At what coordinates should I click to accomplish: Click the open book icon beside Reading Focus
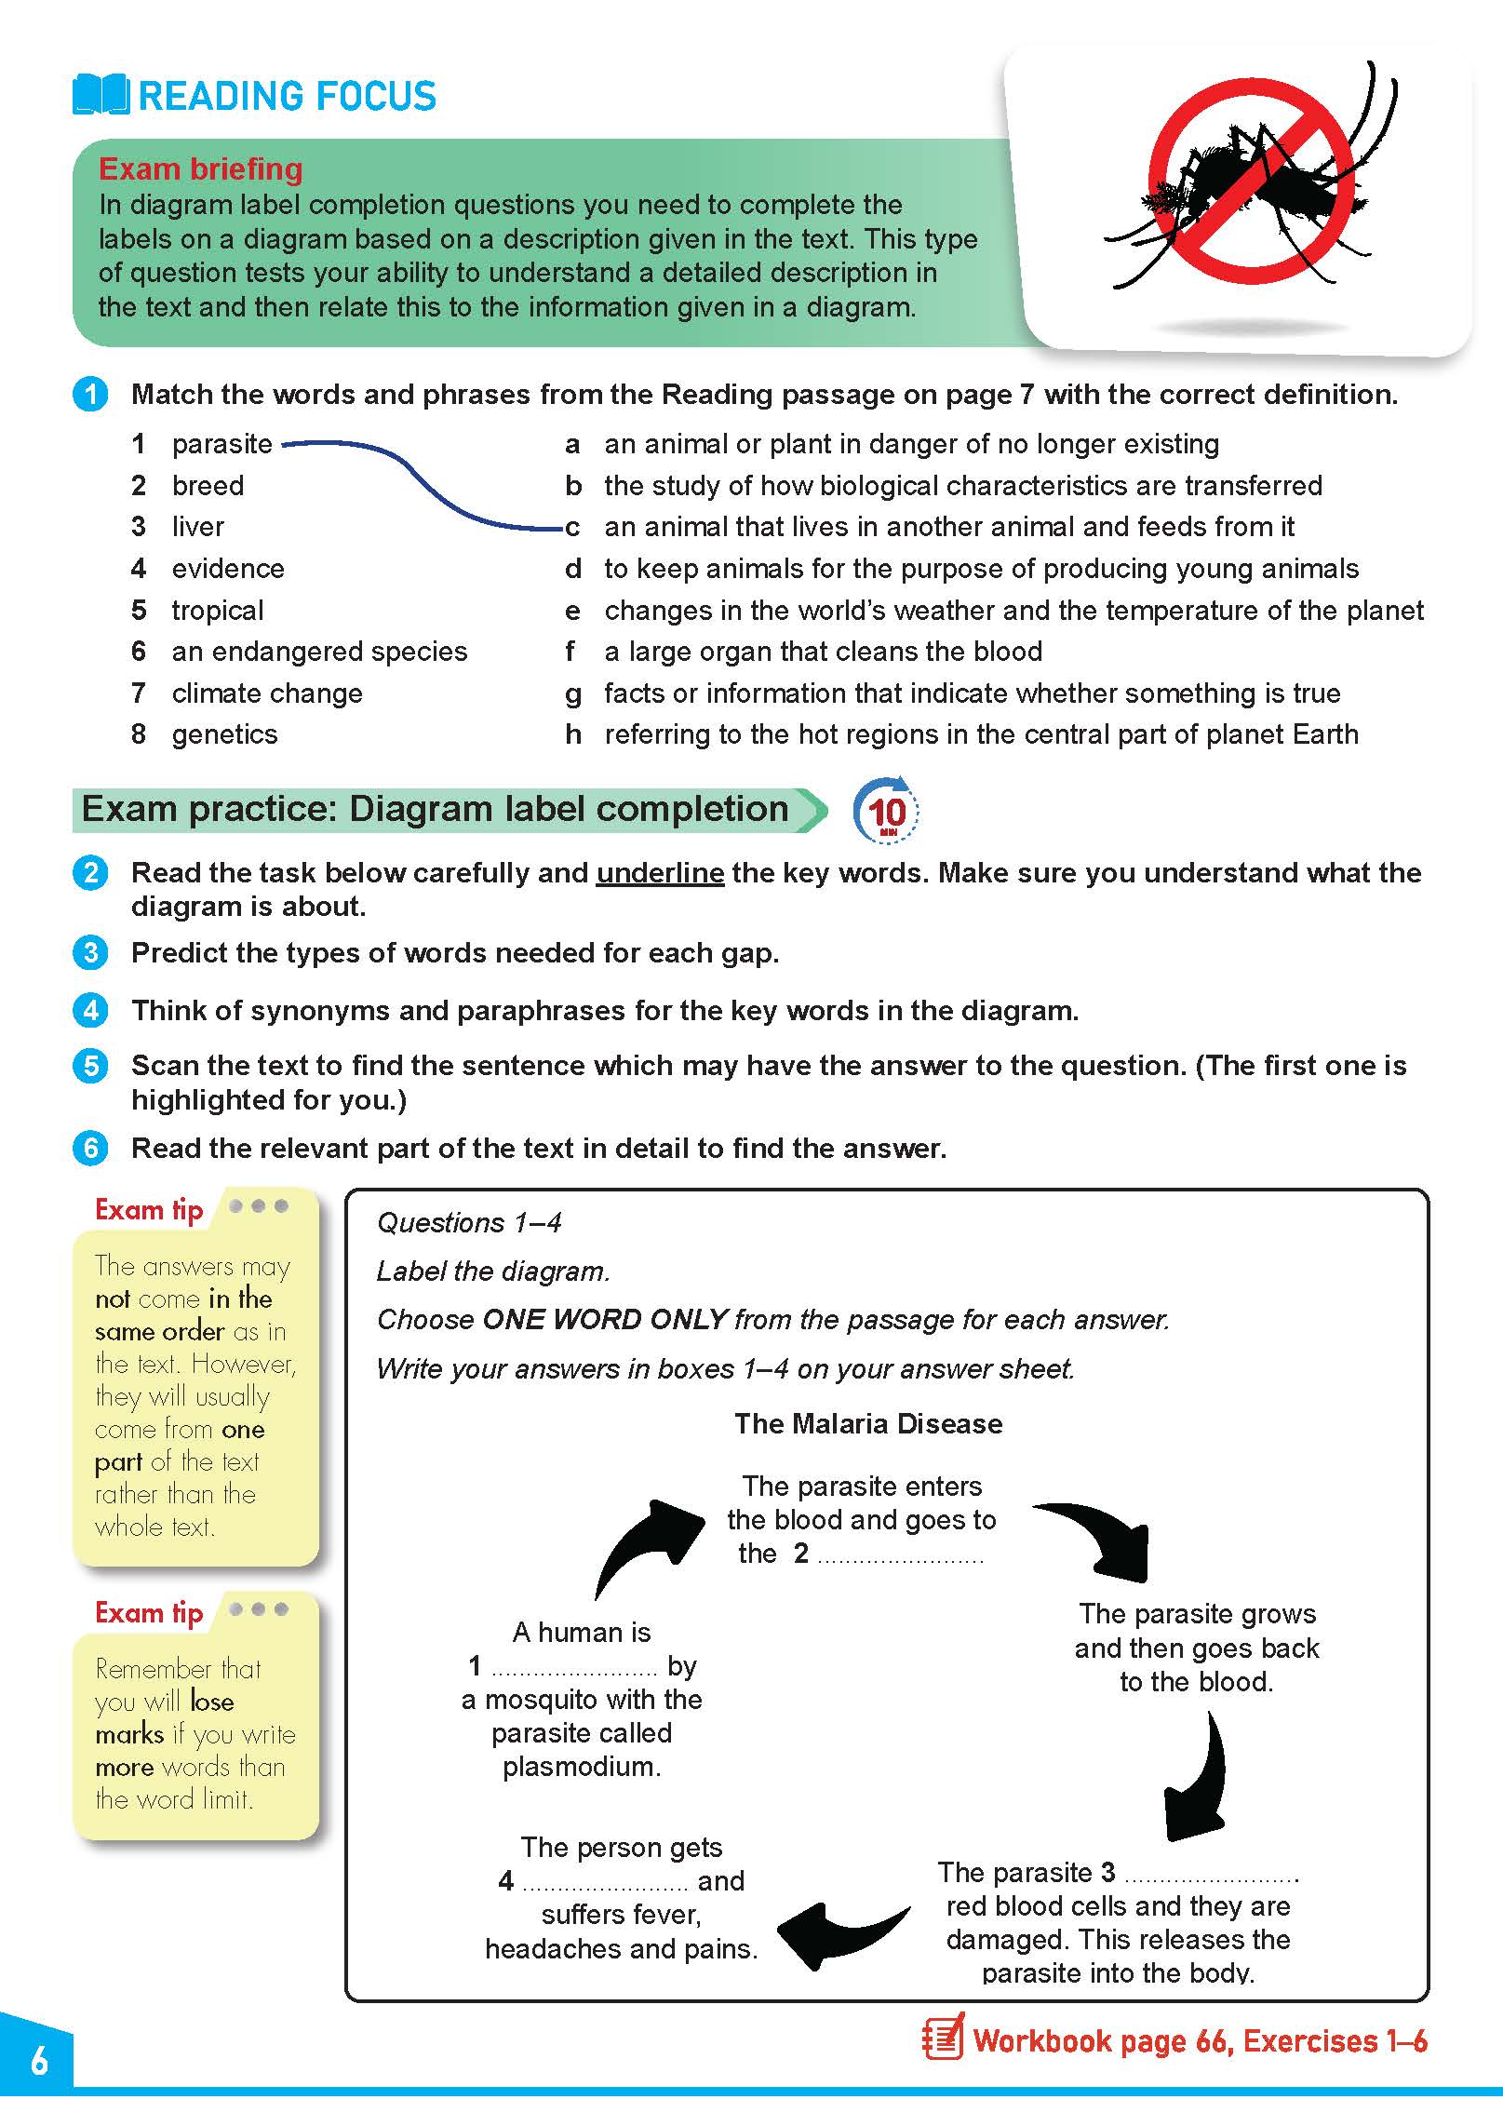(x=101, y=95)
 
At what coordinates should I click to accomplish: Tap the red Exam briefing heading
(x=200, y=169)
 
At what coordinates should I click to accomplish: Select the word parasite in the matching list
(x=221, y=444)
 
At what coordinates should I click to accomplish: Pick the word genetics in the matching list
(x=224, y=734)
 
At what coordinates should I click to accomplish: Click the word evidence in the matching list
(x=228, y=569)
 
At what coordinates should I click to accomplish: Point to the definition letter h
(x=573, y=734)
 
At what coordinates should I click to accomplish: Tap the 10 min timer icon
(x=886, y=811)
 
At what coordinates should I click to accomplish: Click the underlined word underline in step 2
(x=660, y=873)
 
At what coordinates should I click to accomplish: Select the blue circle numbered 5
(x=90, y=1066)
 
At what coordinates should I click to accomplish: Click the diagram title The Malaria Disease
(x=868, y=1423)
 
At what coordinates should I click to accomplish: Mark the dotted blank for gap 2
(x=900, y=1555)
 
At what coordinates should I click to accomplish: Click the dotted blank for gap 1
(x=573, y=1667)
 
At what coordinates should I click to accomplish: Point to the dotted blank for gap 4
(x=605, y=1882)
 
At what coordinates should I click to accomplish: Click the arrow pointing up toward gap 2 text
(x=649, y=1546)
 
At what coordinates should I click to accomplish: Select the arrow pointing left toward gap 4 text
(x=840, y=1932)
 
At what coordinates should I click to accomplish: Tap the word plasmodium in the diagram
(x=582, y=1767)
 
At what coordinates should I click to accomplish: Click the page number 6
(x=39, y=2062)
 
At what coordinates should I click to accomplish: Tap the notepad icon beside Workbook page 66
(x=942, y=2041)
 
